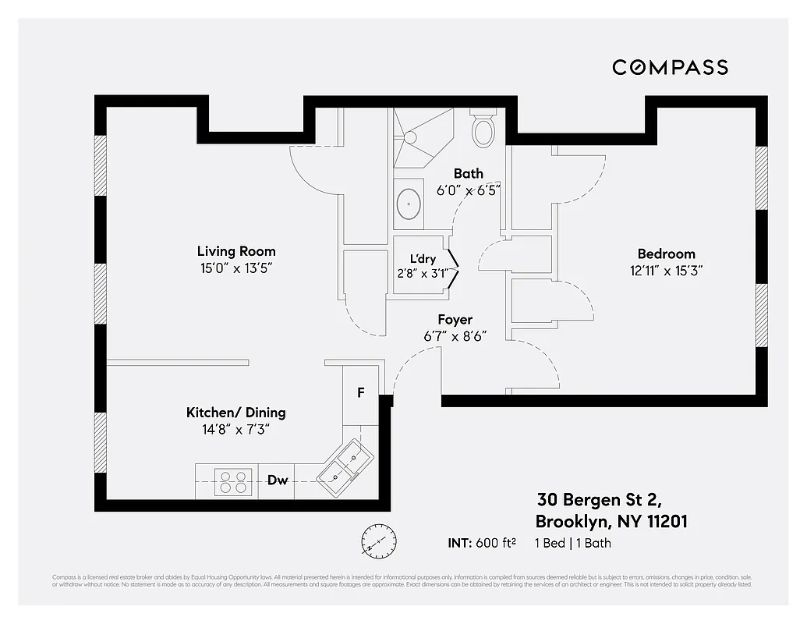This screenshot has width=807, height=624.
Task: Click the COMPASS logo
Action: tap(670, 67)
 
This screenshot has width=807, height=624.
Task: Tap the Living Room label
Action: tap(235, 251)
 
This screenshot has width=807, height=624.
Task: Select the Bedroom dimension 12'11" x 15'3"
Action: tap(666, 271)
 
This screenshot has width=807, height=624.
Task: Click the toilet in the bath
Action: tap(483, 130)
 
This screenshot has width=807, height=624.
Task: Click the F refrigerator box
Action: tap(360, 392)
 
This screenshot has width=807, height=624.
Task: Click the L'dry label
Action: tap(423, 259)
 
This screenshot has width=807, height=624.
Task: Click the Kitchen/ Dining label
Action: tap(235, 413)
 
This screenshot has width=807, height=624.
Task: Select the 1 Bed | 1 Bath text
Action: tap(573, 543)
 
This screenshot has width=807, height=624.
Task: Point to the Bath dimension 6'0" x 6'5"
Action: tap(468, 190)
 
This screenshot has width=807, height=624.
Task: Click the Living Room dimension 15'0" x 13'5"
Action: tap(235, 268)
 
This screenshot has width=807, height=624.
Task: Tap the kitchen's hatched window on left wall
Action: tap(100, 441)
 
